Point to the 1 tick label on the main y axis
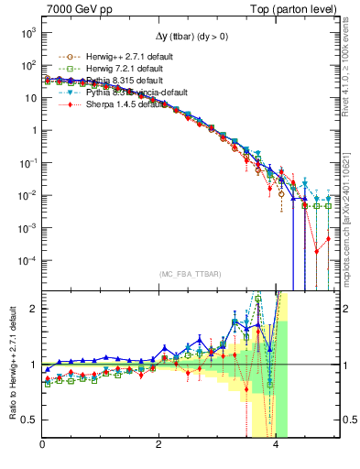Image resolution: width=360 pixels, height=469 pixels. click(x=32, y=130)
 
